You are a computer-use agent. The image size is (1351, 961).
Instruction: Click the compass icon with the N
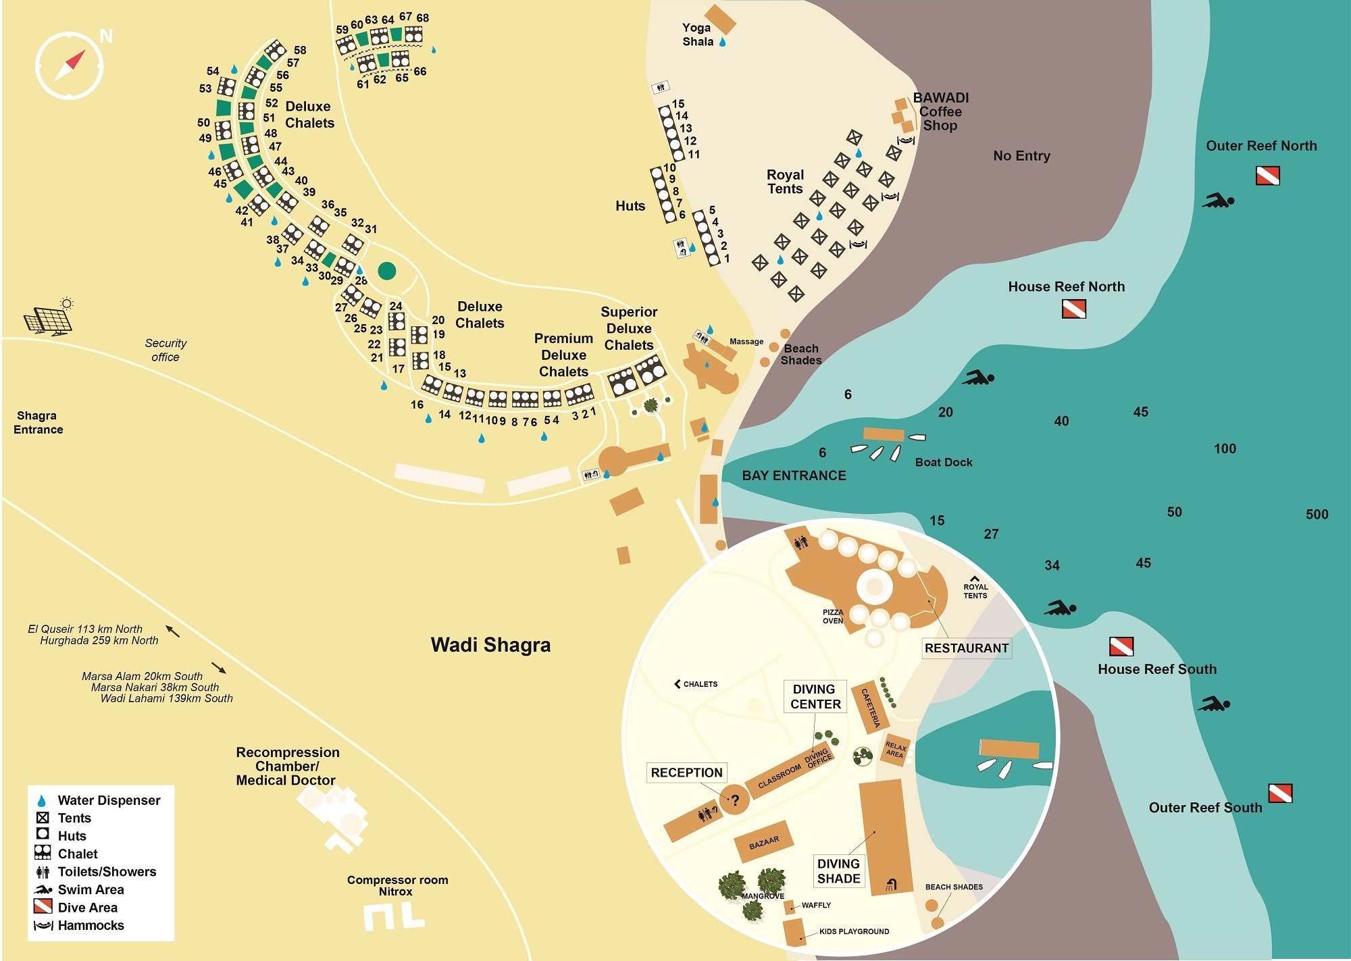pyautogui.click(x=70, y=65)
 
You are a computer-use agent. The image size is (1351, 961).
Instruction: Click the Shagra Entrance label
pyautogui.click(x=38, y=423)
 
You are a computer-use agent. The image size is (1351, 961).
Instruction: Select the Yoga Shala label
pyautogui.click(x=697, y=34)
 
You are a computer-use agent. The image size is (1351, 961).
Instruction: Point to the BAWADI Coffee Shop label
pyautogui.click(x=941, y=111)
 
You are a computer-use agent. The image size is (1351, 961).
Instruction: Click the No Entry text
pyautogui.click(x=1021, y=156)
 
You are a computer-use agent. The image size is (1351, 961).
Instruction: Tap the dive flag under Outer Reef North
pyautogui.click(x=1267, y=176)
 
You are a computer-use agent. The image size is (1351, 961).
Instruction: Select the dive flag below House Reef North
pyautogui.click(x=1074, y=309)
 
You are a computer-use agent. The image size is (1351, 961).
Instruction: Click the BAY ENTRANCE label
pyautogui.click(x=794, y=475)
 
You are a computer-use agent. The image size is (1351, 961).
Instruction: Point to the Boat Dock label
pyautogui.click(x=944, y=463)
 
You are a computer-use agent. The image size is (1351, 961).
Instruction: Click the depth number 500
pyautogui.click(x=1317, y=515)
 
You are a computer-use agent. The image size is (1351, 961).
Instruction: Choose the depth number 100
pyautogui.click(x=1225, y=449)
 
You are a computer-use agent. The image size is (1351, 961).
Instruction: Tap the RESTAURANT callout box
pyautogui.click(x=967, y=648)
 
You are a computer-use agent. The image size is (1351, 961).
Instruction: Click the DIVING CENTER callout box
pyautogui.click(x=815, y=697)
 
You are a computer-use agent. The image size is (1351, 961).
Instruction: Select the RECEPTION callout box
pyautogui.click(x=686, y=773)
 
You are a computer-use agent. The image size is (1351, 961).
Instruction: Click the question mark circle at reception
pyautogui.click(x=734, y=800)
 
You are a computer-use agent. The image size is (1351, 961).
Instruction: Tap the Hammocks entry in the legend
pyautogui.click(x=79, y=925)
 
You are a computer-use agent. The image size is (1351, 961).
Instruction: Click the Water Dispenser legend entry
pyautogui.click(x=98, y=800)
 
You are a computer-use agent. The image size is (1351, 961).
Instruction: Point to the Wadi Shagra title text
pyautogui.click(x=491, y=645)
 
